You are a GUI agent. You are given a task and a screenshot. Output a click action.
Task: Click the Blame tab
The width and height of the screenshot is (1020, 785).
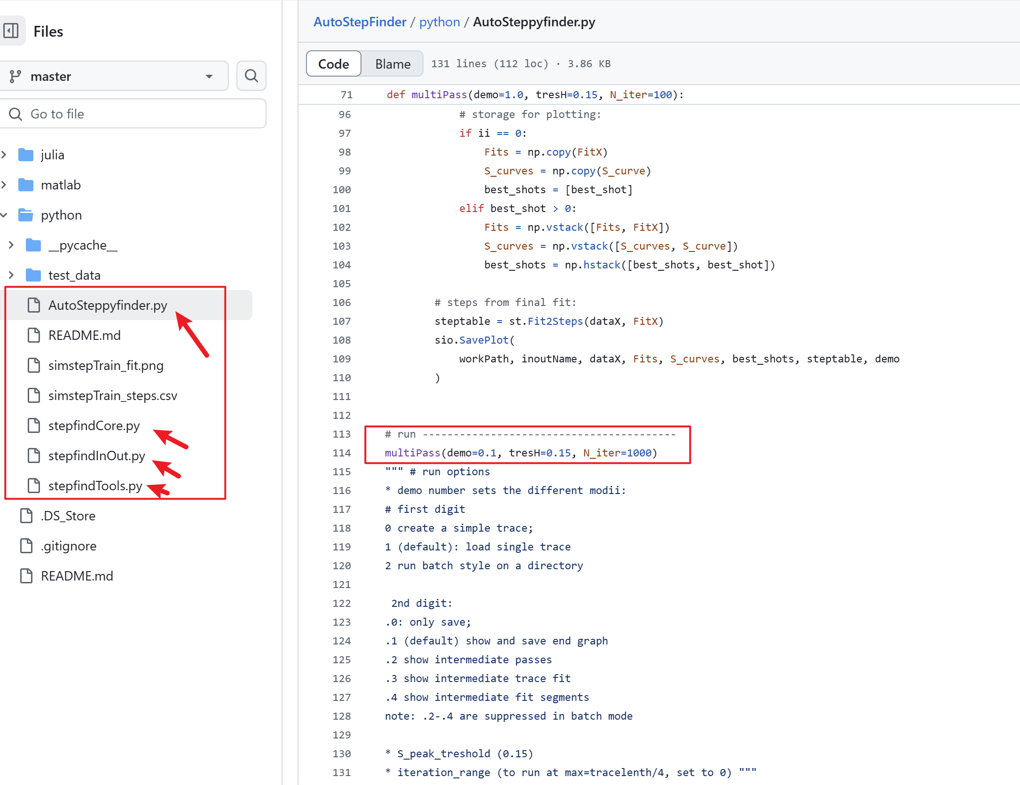pyautogui.click(x=392, y=64)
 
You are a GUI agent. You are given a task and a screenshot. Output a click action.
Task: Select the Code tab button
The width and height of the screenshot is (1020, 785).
pyautogui.click(x=333, y=64)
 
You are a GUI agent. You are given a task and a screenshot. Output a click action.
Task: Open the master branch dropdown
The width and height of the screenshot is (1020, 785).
pyautogui.click(x=113, y=76)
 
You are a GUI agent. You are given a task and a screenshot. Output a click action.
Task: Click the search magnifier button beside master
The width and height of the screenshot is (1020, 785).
pyautogui.click(x=251, y=76)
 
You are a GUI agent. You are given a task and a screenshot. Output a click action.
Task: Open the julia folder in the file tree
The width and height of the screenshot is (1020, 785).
pyautogui.click(x=52, y=155)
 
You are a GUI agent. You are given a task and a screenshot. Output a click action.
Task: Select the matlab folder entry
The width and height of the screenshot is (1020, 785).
pyautogui.click(x=61, y=185)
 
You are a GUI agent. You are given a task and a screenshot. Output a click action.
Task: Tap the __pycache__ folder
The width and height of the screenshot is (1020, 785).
pyautogui.click(x=83, y=245)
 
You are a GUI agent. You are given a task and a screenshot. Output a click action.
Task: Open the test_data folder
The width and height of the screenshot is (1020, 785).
pyautogui.click(x=74, y=275)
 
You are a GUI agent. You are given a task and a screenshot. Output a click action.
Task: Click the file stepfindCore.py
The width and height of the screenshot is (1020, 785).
pyautogui.click(x=94, y=426)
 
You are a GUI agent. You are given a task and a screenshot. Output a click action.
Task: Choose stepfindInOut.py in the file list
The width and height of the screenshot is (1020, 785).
pyautogui.click(x=97, y=456)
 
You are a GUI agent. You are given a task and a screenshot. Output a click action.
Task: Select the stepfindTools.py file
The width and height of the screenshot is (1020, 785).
pyautogui.click(x=95, y=486)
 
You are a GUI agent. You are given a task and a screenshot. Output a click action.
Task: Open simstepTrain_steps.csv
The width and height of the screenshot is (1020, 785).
pyautogui.click(x=113, y=396)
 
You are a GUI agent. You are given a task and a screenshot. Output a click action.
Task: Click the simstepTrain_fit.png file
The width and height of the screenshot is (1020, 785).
pyautogui.click(x=106, y=366)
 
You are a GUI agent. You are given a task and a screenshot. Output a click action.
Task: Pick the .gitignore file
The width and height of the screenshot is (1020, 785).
pyautogui.click(x=69, y=546)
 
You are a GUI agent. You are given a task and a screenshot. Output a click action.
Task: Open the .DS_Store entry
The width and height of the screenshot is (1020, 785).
pyautogui.click(x=68, y=516)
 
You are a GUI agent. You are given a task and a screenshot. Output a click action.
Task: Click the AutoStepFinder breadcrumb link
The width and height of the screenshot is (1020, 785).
pyautogui.click(x=360, y=22)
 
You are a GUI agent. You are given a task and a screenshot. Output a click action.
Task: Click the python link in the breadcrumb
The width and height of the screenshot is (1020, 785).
pyautogui.click(x=439, y=22)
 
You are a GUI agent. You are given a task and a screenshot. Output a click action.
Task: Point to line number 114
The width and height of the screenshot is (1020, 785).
pyautogui.click(x=342, y=453)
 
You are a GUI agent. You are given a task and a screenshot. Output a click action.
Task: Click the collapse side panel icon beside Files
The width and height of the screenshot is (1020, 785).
pyautogui.click(x=11, y=31)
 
